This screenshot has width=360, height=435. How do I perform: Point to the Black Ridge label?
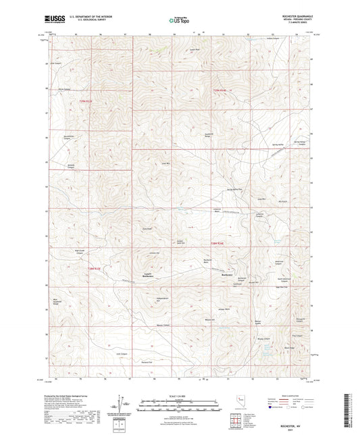click(x=290, y=347)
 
